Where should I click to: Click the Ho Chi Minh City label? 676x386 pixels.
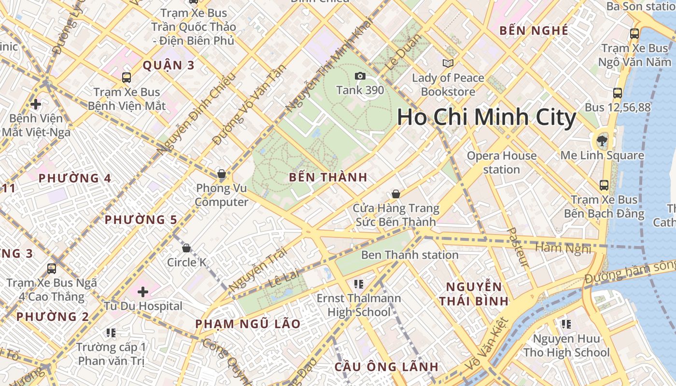(x=487, y=118)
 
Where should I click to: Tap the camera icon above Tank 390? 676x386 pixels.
(x=360, y=76)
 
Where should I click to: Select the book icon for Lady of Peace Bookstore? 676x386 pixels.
(x=448, y=63)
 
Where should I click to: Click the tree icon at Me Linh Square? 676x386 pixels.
(x=602, y=141)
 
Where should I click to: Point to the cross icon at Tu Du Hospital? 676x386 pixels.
(x=143, y=291)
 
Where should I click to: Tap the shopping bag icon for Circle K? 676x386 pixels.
(x=186, y=248)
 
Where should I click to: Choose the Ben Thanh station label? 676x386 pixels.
(x=409, y=255)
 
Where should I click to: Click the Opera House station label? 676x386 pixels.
(x=502, y=163)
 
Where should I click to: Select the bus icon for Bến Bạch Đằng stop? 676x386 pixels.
(x=604, y=185)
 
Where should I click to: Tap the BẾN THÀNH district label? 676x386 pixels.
(x=328, y=177)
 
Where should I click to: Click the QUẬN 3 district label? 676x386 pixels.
(x=169, y=65)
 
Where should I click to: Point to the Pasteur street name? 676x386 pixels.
(x=518, y=247)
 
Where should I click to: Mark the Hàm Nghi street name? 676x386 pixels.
(x=563, y=248)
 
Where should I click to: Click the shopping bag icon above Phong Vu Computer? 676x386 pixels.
(x=222, y=173)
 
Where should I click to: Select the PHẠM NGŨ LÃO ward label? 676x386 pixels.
(x=248, y=324)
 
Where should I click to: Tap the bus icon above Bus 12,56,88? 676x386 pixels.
(x=617, y=93)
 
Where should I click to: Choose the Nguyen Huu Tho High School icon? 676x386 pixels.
(x=566, y=324)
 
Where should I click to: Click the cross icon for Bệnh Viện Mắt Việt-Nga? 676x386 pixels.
(x=35, y=104)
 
